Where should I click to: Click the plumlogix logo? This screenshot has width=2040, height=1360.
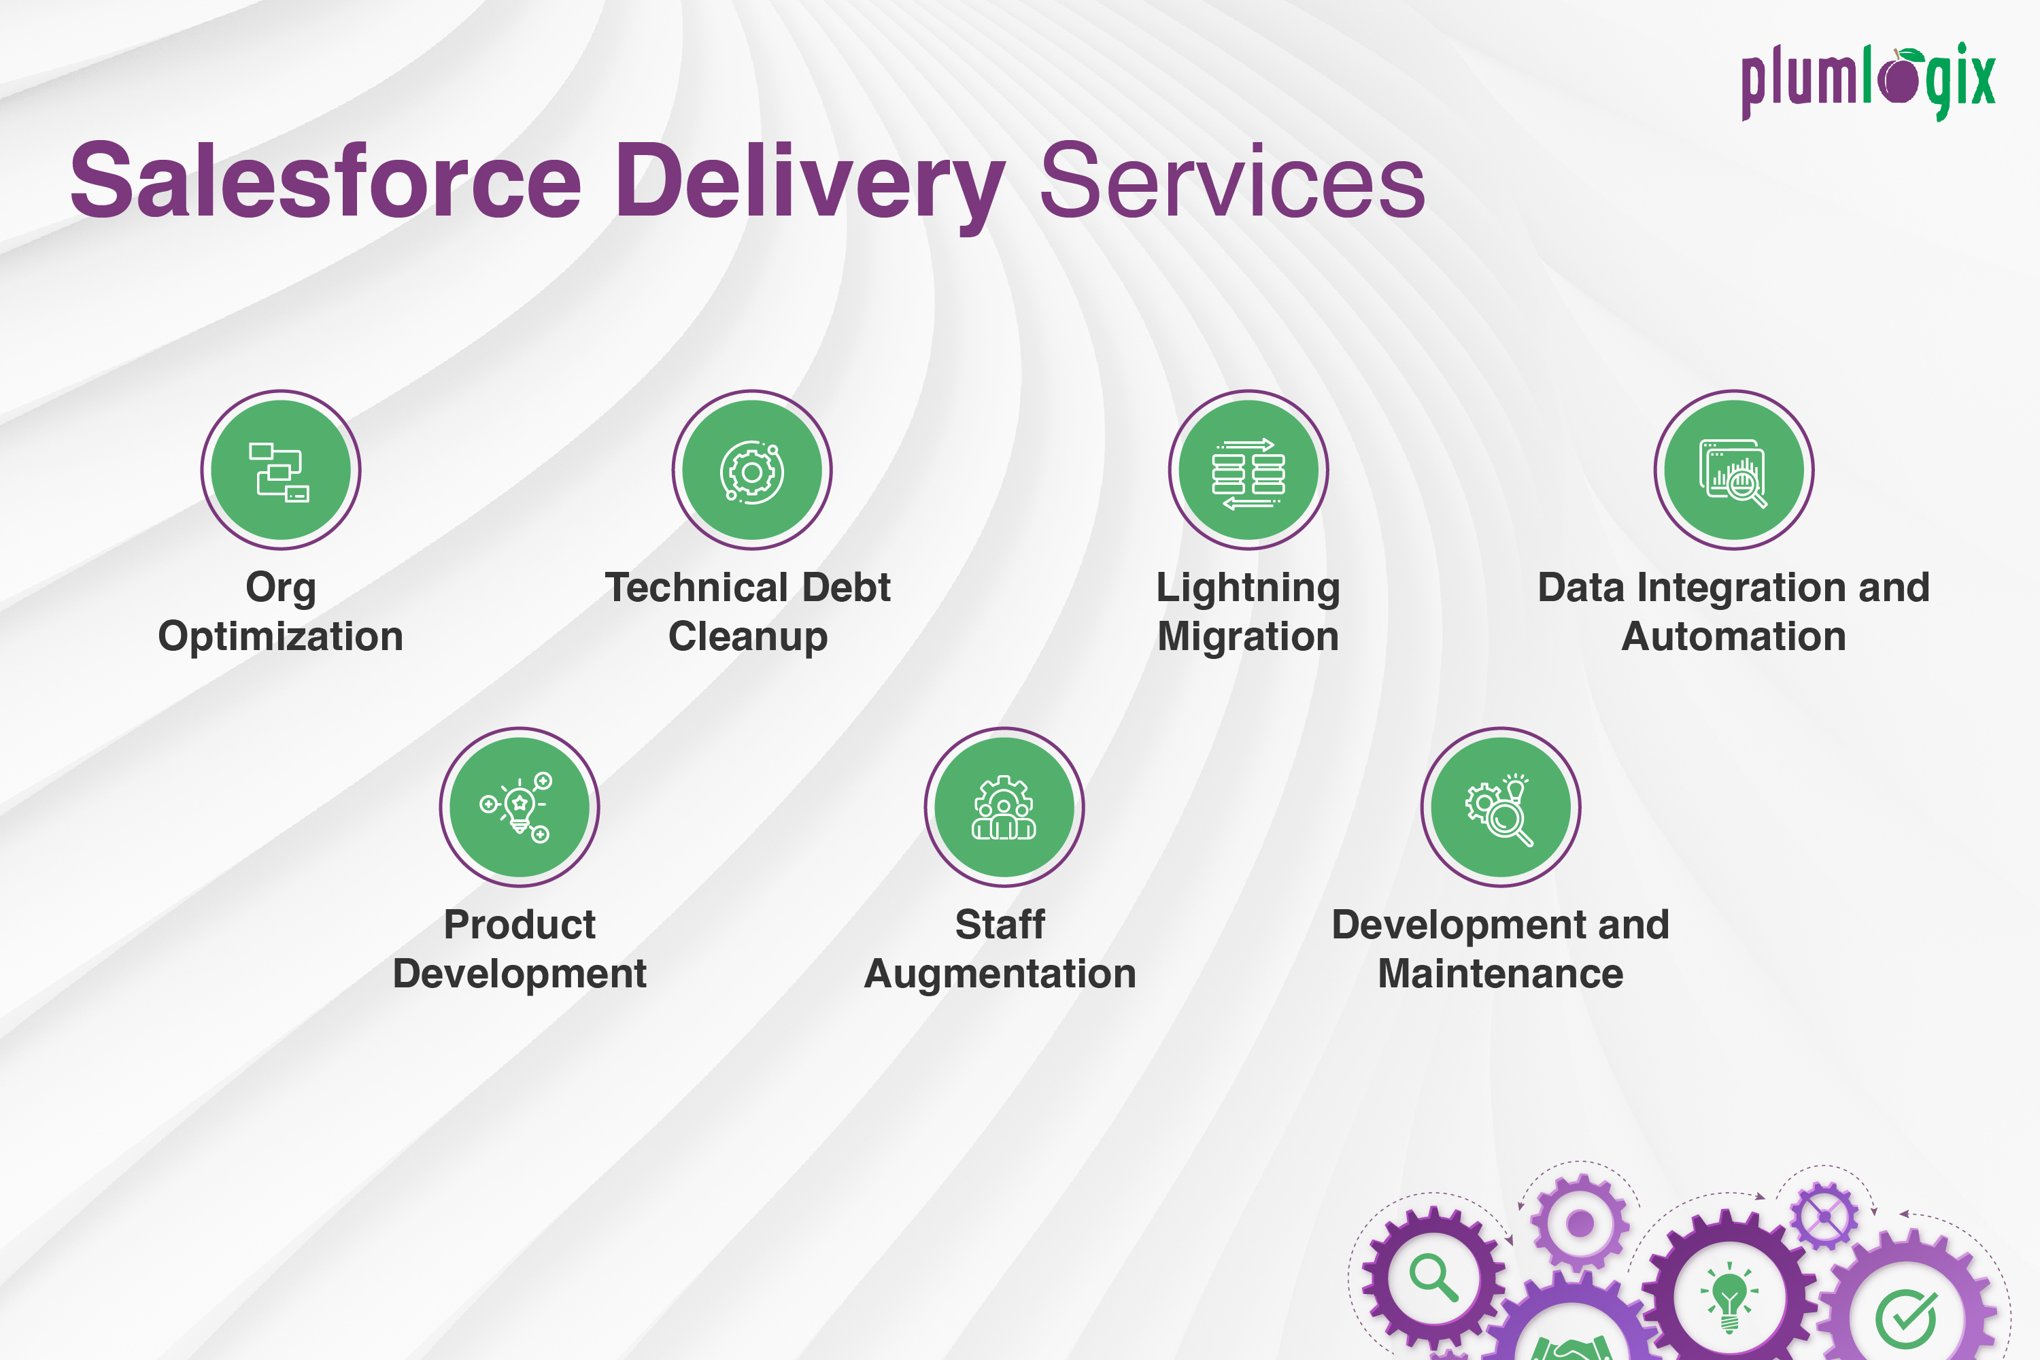(x=1867, y=82)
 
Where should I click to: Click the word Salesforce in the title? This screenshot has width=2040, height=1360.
(x=325, y=182)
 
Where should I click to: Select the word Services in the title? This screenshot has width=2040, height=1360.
(x=1231, y=182)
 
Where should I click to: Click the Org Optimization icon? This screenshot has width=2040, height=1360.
(x=280, y=470)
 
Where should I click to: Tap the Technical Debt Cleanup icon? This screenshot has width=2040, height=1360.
(x=752, y=470)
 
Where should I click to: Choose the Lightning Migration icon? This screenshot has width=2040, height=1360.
(x=1248, y=470)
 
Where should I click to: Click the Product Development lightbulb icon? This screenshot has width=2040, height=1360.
(x=519, y=806)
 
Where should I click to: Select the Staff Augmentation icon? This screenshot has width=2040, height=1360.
(x=1004, y=806)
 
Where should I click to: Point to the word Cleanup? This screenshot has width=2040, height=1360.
(x=747, y=639)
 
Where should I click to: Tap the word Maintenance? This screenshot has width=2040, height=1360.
(x=1501, y=974)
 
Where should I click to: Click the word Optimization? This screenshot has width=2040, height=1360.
(x=280, y=639)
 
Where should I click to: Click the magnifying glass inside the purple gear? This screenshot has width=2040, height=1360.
(x=1433, y=1278)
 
